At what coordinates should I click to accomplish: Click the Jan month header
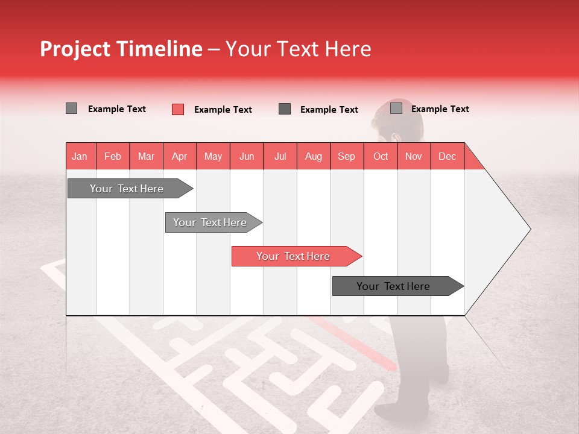pos(80,156)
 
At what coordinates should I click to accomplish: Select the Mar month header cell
pos(146,156)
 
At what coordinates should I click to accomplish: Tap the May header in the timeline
pos(213,156)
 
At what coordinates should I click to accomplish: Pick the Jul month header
pos(280,156)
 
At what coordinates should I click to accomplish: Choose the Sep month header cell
pos(346,156)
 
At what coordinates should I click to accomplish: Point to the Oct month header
pos(380,156)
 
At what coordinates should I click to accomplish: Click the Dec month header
pos(447,156)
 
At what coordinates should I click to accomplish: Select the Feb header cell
pos(113,156)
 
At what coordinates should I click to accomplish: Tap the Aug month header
pos(313,156)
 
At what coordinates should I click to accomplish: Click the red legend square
pos(178,109)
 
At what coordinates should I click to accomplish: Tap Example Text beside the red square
pos(223,110)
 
